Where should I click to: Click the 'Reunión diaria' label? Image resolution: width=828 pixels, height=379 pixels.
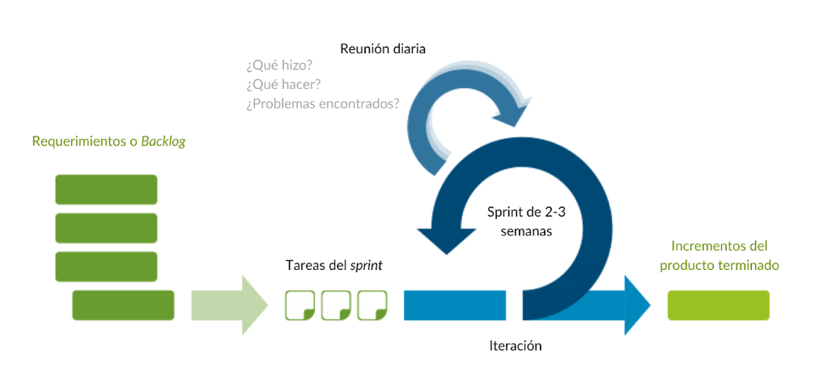382,48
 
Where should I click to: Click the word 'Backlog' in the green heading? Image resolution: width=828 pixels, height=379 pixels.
163,141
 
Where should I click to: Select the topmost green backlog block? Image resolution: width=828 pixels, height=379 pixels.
106,189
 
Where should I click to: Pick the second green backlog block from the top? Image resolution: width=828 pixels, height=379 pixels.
106,228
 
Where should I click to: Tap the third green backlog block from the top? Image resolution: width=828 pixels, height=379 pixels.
106,266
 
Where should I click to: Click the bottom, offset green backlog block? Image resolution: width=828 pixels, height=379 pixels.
123,305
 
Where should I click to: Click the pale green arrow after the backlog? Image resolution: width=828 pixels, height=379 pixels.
230,305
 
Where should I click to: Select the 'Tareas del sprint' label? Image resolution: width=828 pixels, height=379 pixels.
333,265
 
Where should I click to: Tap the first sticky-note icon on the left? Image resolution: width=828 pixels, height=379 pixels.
299,305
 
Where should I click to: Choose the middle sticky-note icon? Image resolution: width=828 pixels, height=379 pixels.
335,305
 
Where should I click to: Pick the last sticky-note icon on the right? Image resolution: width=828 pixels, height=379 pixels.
372,305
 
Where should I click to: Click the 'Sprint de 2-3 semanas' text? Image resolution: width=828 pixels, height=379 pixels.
520,221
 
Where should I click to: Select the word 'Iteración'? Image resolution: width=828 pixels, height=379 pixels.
516,346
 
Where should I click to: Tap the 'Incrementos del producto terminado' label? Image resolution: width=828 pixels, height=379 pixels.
719,255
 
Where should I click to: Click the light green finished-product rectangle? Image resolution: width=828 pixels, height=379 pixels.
718,305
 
